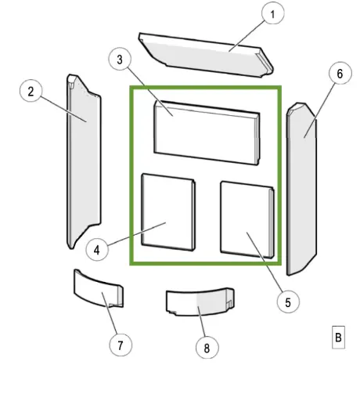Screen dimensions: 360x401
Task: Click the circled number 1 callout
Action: (x=272, y=13)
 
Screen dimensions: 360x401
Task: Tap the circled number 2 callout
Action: (x=31, y=91)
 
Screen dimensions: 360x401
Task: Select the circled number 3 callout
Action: (x=120, y=59)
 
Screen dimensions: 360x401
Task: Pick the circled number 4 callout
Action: (x=97, y=250)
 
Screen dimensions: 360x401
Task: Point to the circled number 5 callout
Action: (x=288, y=302)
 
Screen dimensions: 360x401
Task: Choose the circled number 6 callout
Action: (x=340, y=73)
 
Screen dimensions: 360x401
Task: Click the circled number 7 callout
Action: (x=121, y=345)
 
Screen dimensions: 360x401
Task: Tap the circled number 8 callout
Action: (x=207, y=347)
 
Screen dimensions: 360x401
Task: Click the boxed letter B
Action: (x=338, y=337)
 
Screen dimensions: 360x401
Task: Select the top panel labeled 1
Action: (x=206, y=55)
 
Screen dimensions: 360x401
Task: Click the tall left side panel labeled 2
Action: (x=84, y=162)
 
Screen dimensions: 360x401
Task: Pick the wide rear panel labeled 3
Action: (x=207, y=132)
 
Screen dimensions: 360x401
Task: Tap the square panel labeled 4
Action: (x=168, y=212)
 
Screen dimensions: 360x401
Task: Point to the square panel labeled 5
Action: (x=247, y=220)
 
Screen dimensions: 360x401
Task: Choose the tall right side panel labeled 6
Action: (x=302, y=190)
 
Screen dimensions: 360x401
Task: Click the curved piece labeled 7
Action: (x=99, y=289)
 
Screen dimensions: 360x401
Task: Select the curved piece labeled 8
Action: (x=200, y=302)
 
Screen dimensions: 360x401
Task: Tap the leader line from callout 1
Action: (x=247, y=36)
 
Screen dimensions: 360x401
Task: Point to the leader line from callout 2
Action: (x=63, y=109)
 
